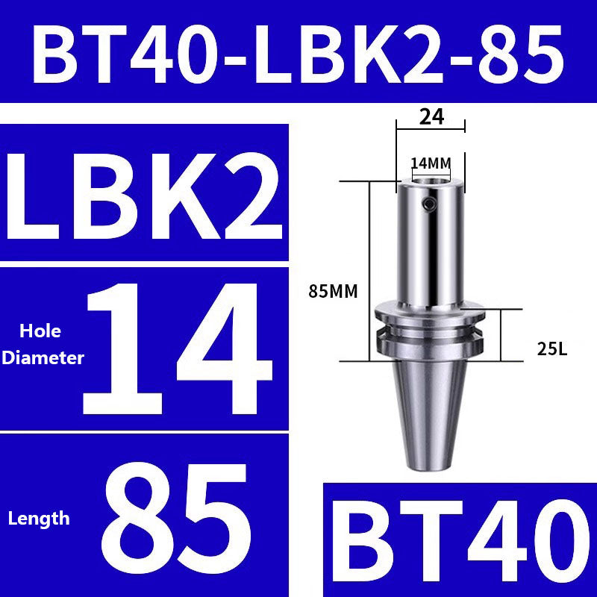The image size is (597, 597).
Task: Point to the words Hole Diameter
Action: point(43,344)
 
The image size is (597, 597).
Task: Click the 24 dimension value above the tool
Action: point(431,116)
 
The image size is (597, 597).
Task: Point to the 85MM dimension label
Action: point(331,292)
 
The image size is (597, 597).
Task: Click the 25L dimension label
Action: point(552,347)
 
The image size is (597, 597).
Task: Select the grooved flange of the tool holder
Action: point(431,328)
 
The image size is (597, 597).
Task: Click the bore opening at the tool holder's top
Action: point(431,180)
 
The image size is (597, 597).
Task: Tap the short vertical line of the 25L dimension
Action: point(501,335)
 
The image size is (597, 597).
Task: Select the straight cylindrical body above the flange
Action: point(431,246)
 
